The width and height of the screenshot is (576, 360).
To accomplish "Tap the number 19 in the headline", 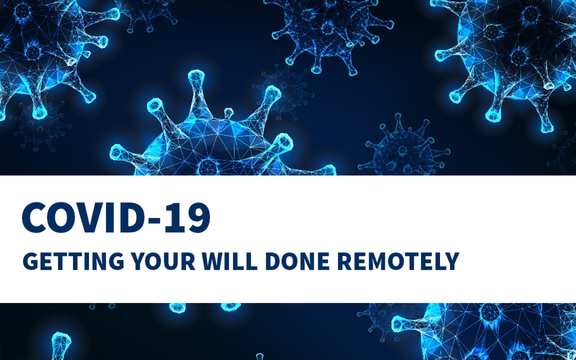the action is (188, 218).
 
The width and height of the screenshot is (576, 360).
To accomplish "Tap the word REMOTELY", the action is (398, 261).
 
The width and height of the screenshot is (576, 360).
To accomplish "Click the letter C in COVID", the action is (34, 218).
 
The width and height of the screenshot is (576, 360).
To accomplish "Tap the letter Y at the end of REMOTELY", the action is (452, 261).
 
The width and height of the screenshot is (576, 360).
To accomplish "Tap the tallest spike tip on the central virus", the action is (196, 76).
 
